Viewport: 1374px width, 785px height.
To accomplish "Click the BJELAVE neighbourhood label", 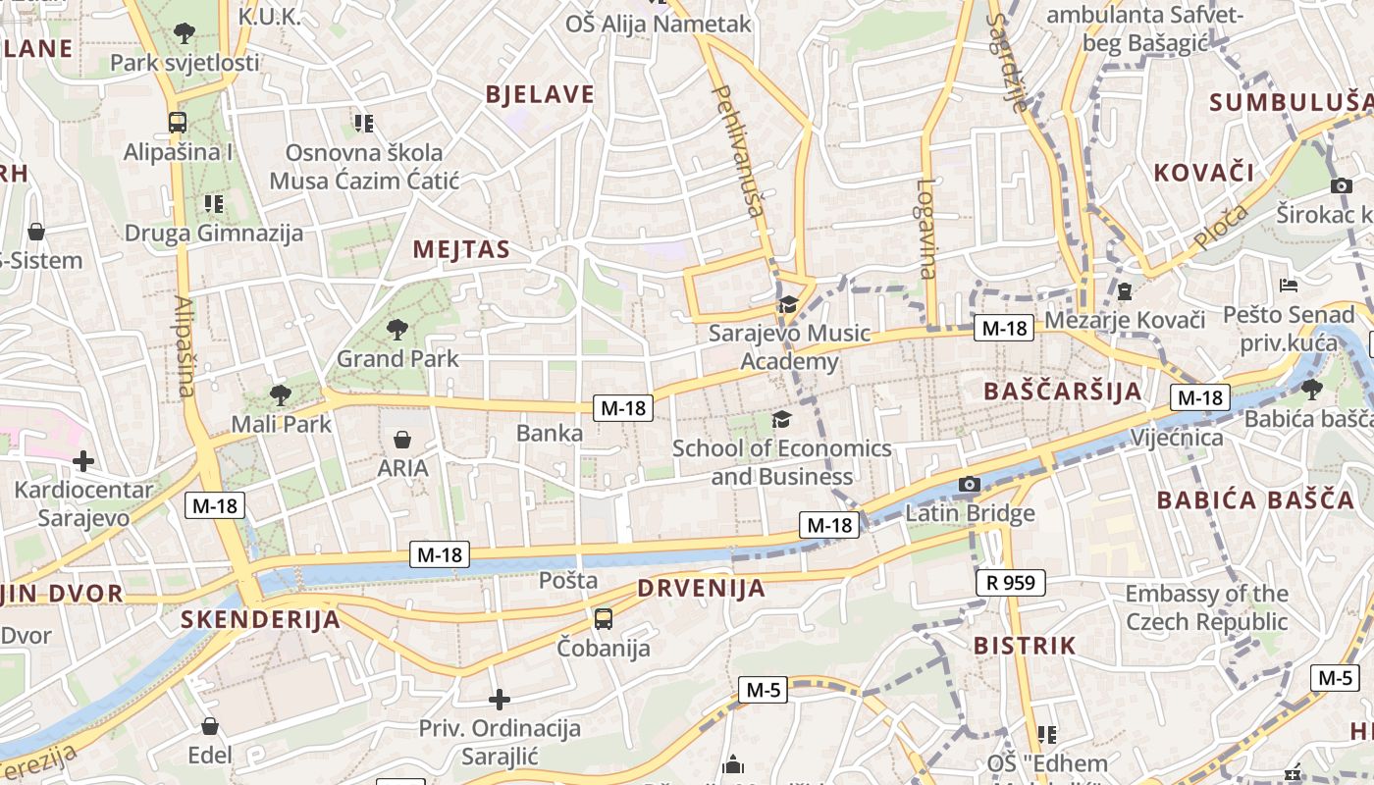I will coord(540,94).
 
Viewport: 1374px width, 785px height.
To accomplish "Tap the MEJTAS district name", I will coord(461,249).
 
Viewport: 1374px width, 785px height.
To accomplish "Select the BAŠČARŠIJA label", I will coord(1063,392).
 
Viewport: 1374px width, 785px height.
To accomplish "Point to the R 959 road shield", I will coord(1011,583).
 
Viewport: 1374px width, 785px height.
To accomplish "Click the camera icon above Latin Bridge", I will coord(969,484).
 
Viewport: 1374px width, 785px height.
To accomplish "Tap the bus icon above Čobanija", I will coord(603,619).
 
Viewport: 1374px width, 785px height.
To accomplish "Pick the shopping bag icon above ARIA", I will coord(402,439).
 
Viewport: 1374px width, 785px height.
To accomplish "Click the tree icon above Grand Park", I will coord(396,329).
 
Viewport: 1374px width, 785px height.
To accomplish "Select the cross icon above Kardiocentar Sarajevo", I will coord(83,460).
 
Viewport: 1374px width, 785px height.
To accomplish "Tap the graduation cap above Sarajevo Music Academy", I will coord(788,305).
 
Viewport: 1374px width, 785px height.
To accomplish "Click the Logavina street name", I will coord(927,229).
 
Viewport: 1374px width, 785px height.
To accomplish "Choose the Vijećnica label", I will coord(1177,438).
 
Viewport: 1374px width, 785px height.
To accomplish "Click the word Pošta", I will coord(568,580).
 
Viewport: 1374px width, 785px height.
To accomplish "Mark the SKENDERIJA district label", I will coord(260,619).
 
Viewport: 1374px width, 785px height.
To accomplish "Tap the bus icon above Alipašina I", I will coord(178,123).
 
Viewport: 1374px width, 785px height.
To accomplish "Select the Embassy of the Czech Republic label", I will coord(1206,607).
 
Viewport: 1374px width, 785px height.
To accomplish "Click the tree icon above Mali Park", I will coord(281,395).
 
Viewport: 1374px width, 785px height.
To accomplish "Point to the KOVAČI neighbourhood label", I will coord(1203,173).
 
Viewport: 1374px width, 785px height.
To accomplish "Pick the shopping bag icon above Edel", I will coord(210,726).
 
